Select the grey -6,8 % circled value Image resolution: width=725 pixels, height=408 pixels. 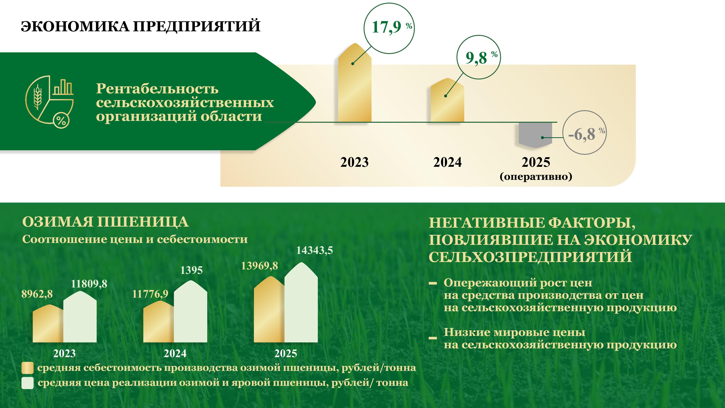tap(586, 134)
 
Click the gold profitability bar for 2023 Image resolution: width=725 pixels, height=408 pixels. tap(355, 83)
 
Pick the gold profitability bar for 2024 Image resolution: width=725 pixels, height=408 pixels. tap(447, 100)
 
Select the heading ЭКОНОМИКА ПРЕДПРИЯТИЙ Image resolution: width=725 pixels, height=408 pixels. tap(141, 26)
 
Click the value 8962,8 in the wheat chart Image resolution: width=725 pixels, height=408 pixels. tap(37, 294)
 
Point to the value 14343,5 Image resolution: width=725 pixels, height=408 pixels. tap(314, 250)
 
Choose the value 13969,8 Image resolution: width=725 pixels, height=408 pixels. tap(259, 266)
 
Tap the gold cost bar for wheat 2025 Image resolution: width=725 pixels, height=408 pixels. tap(269, 309)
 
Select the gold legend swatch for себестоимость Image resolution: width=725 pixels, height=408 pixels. tap(27, 368)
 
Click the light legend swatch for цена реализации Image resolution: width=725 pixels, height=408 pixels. tap(27, 383)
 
